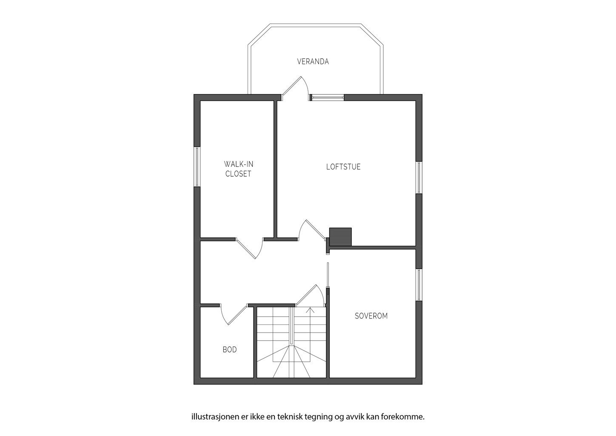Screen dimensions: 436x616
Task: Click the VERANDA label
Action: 313,61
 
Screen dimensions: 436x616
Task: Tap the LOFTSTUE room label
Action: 343,167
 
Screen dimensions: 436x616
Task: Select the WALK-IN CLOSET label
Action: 238,169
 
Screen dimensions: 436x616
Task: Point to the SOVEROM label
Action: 371,316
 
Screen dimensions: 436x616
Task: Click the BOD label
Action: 230,350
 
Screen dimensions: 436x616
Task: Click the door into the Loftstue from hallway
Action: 313,232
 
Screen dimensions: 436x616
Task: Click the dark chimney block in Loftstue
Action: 341,237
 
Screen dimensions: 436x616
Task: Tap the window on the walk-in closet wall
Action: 197,166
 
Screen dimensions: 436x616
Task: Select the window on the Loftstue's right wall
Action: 419,178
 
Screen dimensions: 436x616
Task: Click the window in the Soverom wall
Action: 419,285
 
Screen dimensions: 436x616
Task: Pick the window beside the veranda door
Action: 327,97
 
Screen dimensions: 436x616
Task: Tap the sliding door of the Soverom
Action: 328,279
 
